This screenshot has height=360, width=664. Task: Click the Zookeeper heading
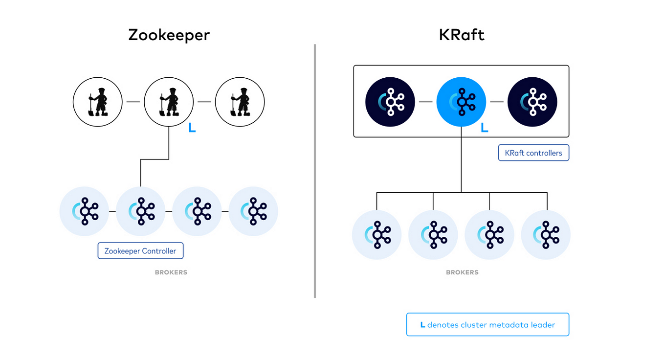(169, 35)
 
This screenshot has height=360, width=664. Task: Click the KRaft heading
(461, 35)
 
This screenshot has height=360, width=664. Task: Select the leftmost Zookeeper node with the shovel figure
(97, 102)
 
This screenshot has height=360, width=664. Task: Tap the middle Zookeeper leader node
(169, 102)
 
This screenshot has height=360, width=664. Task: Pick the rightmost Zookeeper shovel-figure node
(240, 102)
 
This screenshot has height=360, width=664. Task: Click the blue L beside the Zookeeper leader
(192, 128)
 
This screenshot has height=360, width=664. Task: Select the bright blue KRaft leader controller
(461, 102)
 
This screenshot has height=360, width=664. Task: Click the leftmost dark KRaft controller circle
(390, 102)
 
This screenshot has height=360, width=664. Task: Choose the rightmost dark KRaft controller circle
(532, 102)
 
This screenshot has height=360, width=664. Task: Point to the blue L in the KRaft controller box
(484, 128)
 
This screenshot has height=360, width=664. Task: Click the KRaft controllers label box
(533, 153)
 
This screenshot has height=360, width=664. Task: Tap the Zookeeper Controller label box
(140, 251)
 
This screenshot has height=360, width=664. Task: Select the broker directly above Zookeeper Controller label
(140, 211)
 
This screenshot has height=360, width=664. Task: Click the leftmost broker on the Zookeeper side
(84, 211)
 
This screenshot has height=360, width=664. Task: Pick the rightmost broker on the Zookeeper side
(253, 211)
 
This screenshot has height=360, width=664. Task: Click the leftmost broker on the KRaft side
(376, 235)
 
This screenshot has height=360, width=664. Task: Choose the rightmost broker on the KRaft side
(546, 235)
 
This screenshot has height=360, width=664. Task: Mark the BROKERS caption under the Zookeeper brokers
(171, 272)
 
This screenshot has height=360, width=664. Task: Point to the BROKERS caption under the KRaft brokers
(462, 272)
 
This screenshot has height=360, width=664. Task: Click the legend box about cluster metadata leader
(487, 325)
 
